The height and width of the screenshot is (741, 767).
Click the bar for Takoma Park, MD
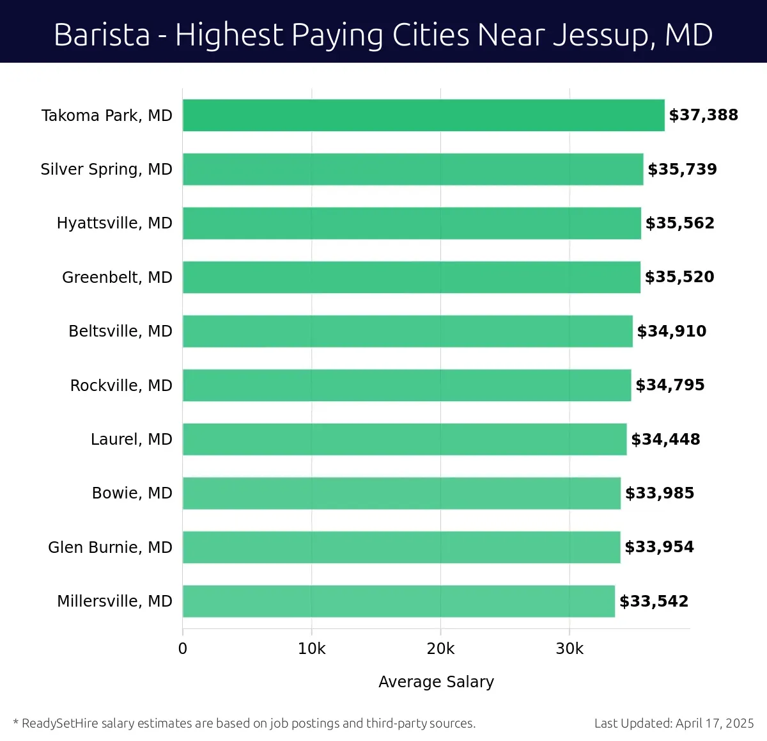(x=423, y=115)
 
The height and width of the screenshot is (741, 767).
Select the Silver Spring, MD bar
(x=413, y=169)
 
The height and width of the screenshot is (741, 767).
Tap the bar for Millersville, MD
(x=398, y=601)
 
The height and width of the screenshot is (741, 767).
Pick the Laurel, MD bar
(x=405, y=439)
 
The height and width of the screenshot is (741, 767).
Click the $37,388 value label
(x=703, y=115)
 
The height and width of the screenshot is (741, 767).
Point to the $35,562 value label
(x=679, y=223)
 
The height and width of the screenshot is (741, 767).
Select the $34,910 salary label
(x=672, y=331)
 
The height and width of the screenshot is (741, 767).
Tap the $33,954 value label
(x=659, y=547)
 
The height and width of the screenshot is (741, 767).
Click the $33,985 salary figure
(x=660, y=493)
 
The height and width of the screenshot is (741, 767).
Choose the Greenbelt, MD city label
(x=117, y=277)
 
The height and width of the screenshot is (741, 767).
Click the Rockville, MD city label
(x=121, y=385)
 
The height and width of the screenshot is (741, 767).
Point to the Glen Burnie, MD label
(x=110, y=547)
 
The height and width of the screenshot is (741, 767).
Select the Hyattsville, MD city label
(x=114, y=223)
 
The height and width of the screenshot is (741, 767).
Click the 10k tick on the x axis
(x=312, y=649)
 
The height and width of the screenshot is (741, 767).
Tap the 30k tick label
(x=569, y=649)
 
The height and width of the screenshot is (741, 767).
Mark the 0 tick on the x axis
(x=183, y=649)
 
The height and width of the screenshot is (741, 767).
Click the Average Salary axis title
(x=436, y=681)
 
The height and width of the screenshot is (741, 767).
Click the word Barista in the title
(x=102, y=35)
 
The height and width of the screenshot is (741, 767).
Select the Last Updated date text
(x=674, y=723)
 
